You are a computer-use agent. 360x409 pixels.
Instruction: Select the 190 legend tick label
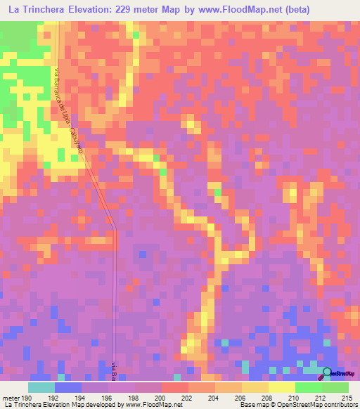pyautogui.click(x=28, y=398)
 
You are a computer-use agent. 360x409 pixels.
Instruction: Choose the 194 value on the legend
pyautogui.click(x=82, y=398)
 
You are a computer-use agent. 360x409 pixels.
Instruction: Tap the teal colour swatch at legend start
pyautogui.click(x=41, y=388)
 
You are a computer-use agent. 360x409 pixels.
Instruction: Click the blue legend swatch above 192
pyautogui.click(x=68, y=388)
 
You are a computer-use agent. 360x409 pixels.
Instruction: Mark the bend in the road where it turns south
pyautogui.click(x=114, y=228)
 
